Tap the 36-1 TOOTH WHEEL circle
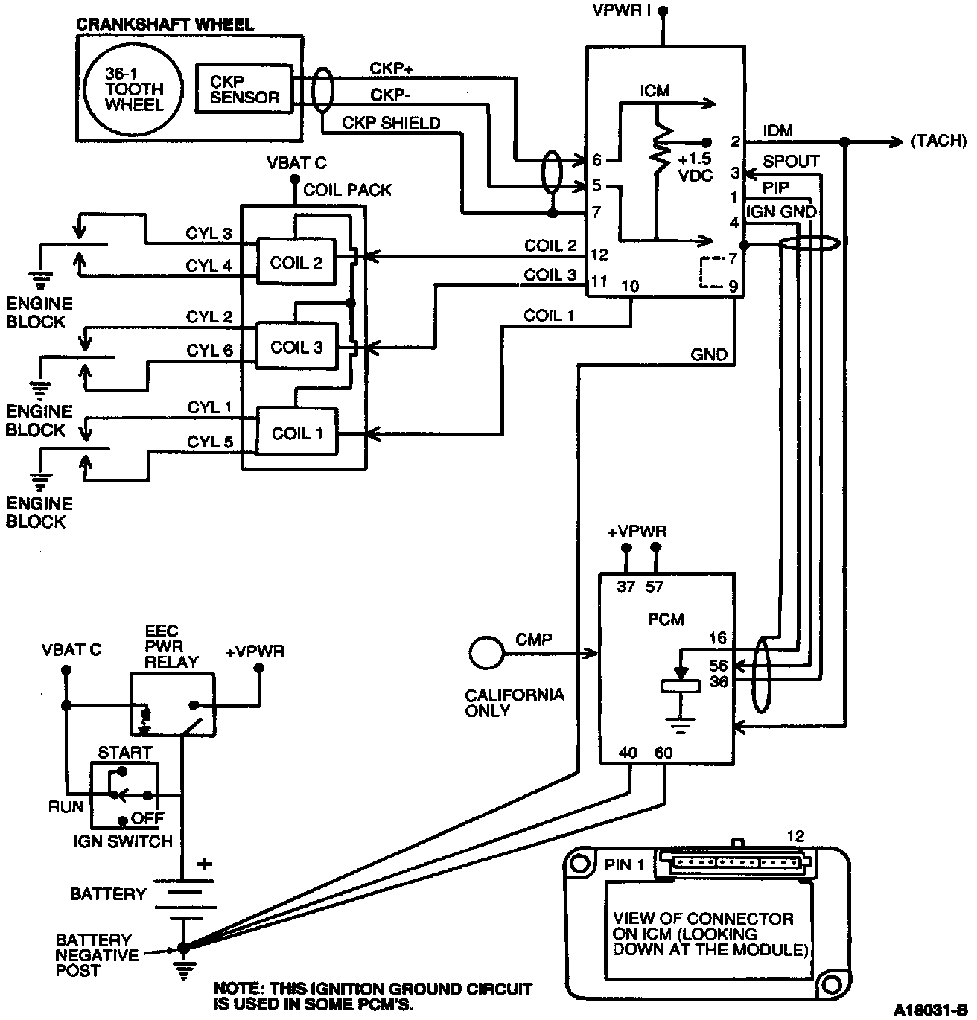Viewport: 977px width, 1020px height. click(x=133, y=89)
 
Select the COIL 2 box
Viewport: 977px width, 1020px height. click(x=296, y=262)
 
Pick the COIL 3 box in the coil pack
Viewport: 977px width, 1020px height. click(x=296, y=348)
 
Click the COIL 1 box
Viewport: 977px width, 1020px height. click(x=296, y=433)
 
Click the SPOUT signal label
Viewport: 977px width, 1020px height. click(x=791, y=162)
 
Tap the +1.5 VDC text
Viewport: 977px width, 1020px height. click(x=696, y=167)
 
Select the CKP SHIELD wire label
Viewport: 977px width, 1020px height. click(x=391, y=123)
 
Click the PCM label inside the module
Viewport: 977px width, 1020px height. click(x=666, y=619)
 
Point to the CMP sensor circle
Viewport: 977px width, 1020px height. click(x=487, y=653)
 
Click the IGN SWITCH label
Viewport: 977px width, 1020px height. click(x=123, y=841)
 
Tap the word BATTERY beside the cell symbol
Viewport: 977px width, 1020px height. click(x=108, y=893)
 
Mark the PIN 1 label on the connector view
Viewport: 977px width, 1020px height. click(x=624, y=865)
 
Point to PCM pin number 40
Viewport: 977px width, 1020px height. click(x=628, y=753)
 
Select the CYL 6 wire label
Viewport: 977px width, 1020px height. click(x=209, y=350)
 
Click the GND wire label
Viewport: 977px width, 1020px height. click(x=708, y=355)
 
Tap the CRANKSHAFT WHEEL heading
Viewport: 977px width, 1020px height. click(x=165, y=24)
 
